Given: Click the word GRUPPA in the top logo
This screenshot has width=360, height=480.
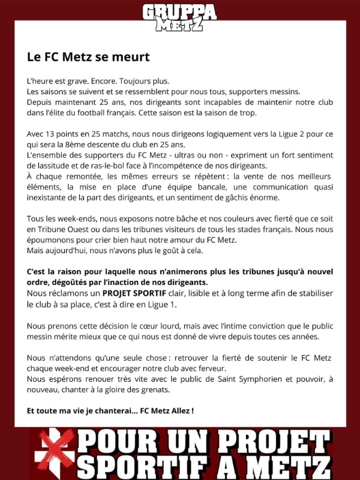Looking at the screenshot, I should (x=179, y=11).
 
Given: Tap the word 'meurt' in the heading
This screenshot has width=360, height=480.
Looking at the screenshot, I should (x=130, y=57).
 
